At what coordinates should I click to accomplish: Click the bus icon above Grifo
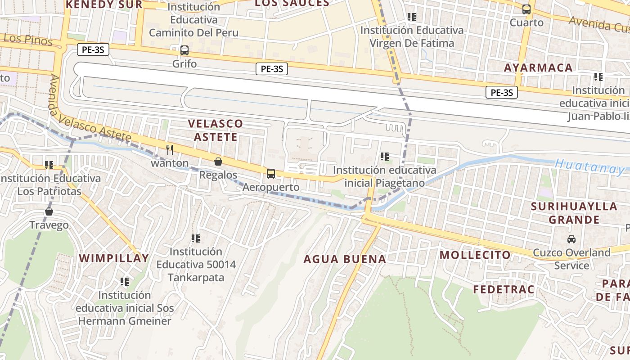pyautogui.click(x=184, y=50)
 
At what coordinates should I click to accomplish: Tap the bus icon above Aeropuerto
pyautogui.click(x=271, y=173)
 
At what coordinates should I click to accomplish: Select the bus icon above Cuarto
pyautogui.click(x=526, y=9)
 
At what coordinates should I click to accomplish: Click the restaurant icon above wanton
pyautogui.click(x=170, y=149)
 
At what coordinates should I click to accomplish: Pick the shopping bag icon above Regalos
pyautogui.click(x=218, y=162)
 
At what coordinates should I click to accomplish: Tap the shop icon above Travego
pyautogui.click(x=49, y=211)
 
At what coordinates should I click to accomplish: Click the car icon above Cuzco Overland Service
pyautogui.click(x=571, y=239)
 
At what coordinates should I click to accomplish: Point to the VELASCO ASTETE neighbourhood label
pyautogui.click(x=215, y=130)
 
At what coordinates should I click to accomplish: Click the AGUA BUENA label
pyautogui.click(x=345, y=259)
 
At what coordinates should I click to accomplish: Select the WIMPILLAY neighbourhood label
pyautogui.click(x=114, y=258)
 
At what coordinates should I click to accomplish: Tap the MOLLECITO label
pyautogui.click(x=475, y=255)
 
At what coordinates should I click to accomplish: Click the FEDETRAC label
pyautogui.click(x=504, y=289)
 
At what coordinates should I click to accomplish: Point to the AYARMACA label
pyautogui.click(x=538, y=68)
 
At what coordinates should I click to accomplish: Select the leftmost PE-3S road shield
pyautogui.click(x=93, y=49)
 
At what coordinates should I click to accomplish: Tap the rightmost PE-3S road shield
pyautogui.click(x=502, y=93)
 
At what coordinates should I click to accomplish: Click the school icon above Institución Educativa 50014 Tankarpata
pyautogui.click(x=196, y=238)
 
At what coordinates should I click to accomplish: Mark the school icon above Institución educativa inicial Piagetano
pyautogui.click(x=385, y=157)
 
